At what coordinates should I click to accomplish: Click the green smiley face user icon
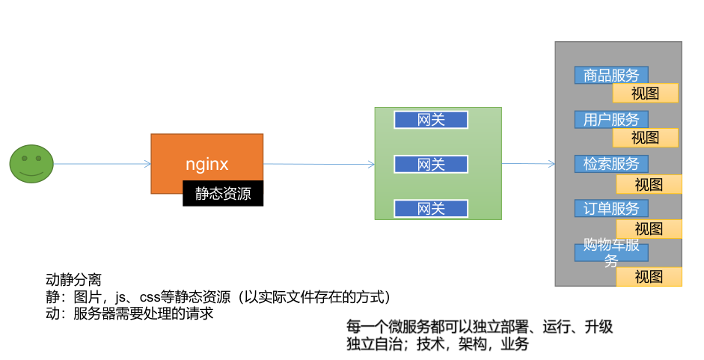[x=31, y=164]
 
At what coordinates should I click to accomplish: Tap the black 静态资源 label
[x=223, y=194]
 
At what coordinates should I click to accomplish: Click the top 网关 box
[x=431, y=120]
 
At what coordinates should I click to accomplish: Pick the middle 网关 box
[x=431, y=164]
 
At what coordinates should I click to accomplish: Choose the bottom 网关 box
[x=431, y=208]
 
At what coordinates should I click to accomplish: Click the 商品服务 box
[x=611, y=75]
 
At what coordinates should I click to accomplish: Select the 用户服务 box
[x=611, y=119]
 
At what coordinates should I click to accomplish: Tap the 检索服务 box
[x=611, y=163]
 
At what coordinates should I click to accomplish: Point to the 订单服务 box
[x=611, y=208]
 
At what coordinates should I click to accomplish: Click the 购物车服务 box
[x=611, y=252]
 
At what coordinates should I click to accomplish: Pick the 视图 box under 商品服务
[x=645, y=94]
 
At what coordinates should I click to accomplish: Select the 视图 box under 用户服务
[x=645, y=138]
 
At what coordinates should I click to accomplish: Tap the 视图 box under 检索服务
[x=649, y=184]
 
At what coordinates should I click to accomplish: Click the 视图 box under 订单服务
[x=649, y=228]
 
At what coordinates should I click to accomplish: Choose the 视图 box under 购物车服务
[x=649, y=276]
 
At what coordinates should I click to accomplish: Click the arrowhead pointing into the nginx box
[x=147, y=164]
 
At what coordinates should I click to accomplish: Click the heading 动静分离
[x=73, y=279]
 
